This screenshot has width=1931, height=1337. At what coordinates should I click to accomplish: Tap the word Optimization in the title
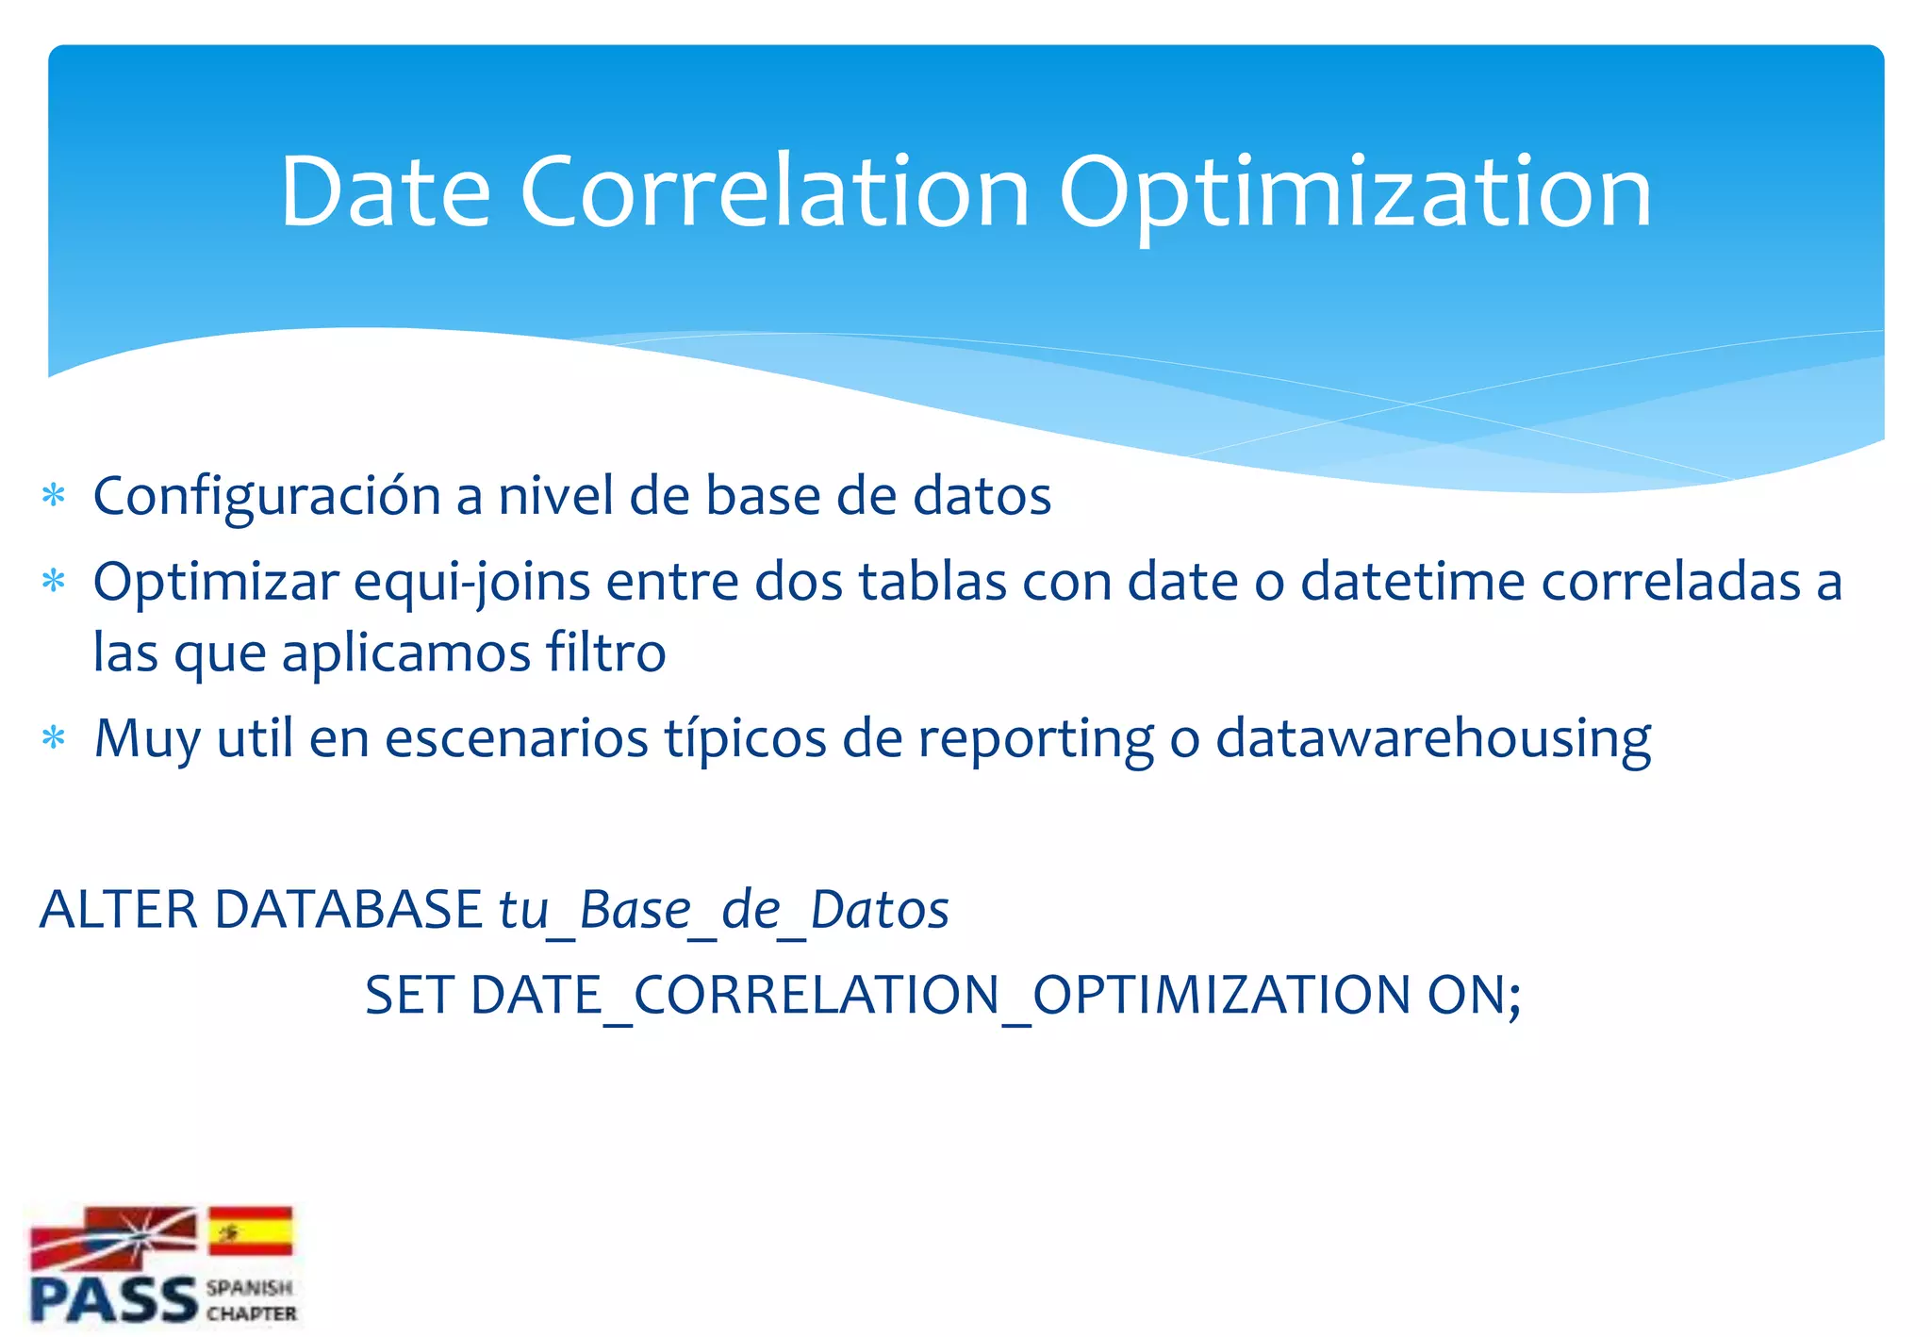click(1354, 193)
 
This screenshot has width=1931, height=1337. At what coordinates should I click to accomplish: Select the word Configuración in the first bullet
click(267, 497)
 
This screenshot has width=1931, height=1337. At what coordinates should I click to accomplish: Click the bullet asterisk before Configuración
click(54, 496)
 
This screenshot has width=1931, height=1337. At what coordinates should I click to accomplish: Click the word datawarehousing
click(1432, 740)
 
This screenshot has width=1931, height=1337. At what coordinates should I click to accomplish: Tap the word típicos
click(745, 740)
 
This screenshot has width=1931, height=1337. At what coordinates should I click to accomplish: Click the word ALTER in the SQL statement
click(119, 910)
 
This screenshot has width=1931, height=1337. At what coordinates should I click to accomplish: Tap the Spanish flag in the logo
click(250, 1230)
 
